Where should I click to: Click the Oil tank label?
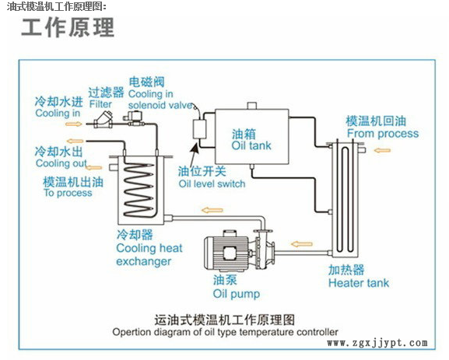(251, 145)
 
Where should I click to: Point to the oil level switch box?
(199, 129)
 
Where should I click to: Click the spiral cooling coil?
(139, 190)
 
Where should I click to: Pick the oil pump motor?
(226, 253)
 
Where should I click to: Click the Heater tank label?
(359, 283)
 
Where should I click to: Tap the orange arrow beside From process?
(382, 150)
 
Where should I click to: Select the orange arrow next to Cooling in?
(74, 124)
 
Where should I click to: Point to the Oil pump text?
(237, 294)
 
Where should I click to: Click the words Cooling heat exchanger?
(149, 254)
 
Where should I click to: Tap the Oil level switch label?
(212, 183)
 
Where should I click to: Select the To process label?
(68, 193)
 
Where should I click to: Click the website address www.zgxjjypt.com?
(377, 343)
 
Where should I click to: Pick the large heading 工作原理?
(68, 27)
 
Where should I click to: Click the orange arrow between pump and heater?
(301, 244)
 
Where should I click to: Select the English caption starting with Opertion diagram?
(225, 332)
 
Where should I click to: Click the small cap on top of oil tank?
(251, 106)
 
